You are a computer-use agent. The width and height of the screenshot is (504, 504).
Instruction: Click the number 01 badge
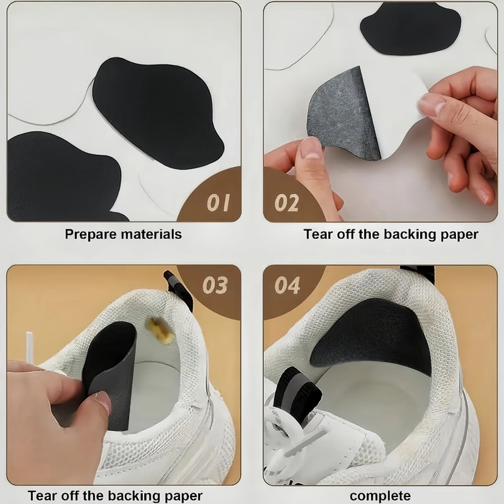point(218,202)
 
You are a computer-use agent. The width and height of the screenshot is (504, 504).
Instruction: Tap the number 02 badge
point(287,202)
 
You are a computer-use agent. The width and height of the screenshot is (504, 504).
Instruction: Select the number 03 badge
point(215,285)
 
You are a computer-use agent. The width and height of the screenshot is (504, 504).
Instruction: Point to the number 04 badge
point(287,285)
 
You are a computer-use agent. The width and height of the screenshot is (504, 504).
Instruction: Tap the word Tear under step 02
point(318,234)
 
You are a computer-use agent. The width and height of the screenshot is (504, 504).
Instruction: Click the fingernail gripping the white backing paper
point(431,105)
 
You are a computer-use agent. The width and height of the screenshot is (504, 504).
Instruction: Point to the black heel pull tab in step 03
point(178,290)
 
